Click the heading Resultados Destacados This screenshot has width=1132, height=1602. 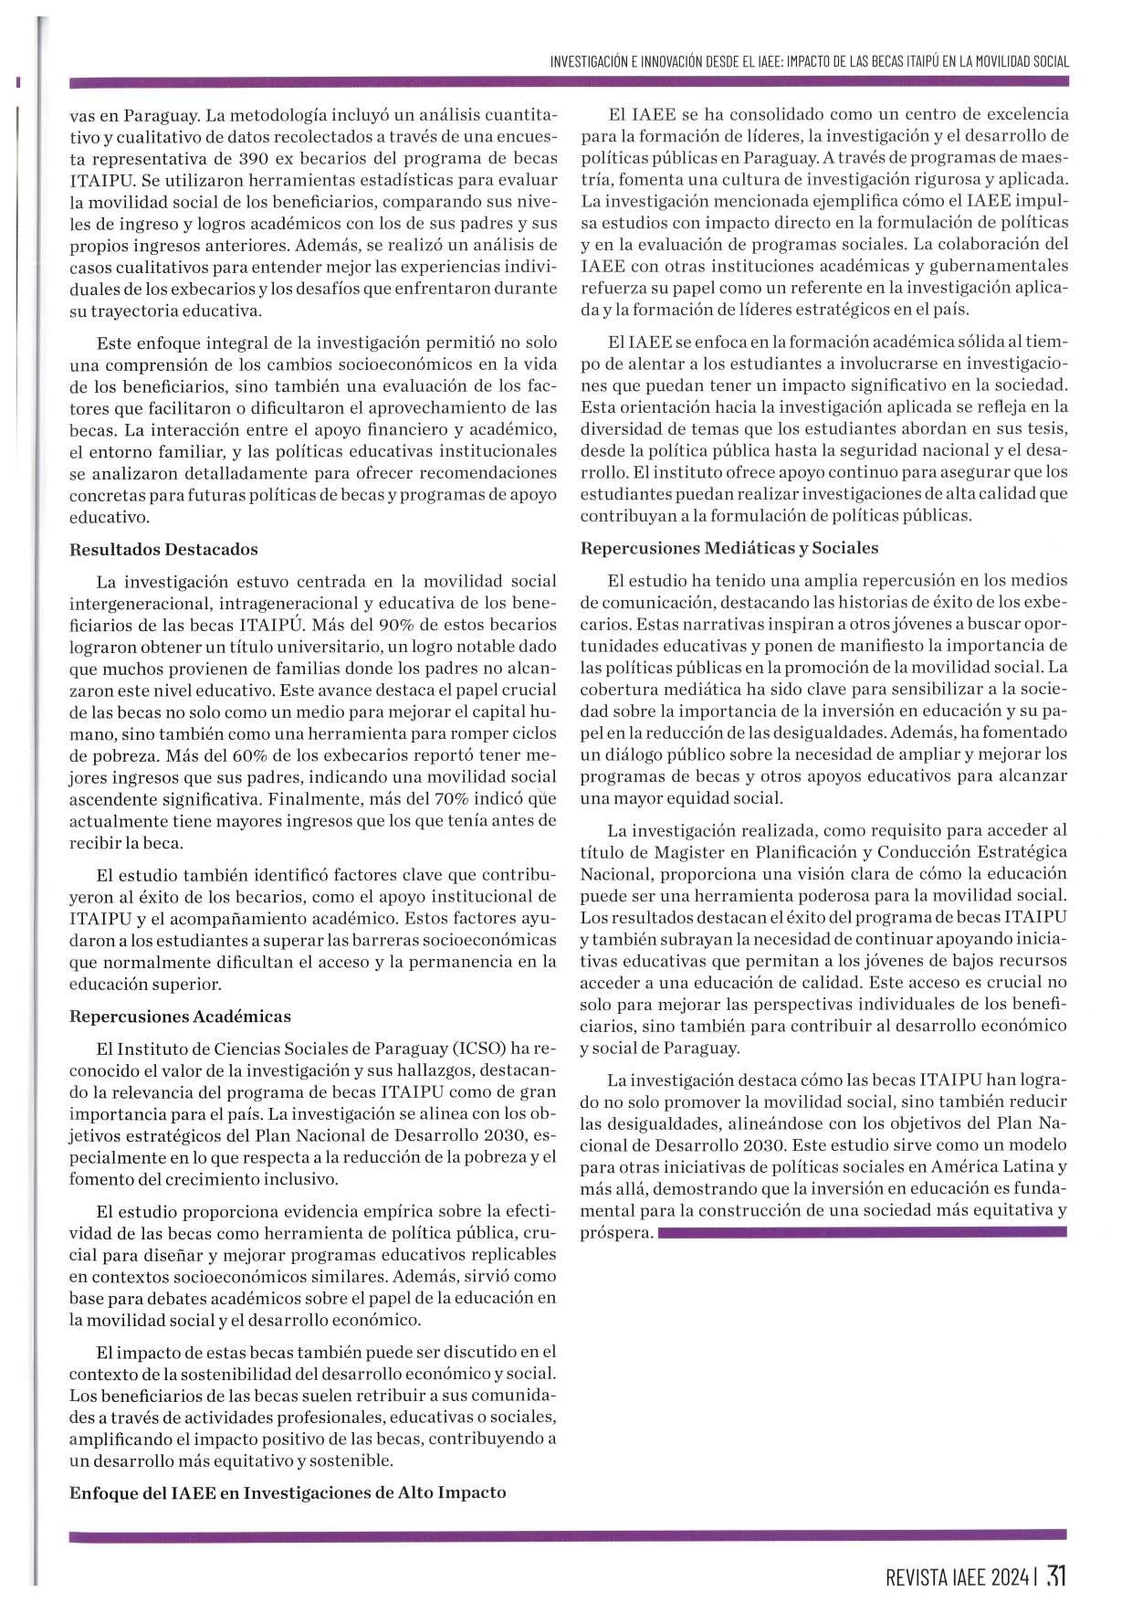pyautogui.click(x=163, y=550)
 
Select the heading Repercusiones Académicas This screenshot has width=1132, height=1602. pyautogui.click(x=180, y=1017)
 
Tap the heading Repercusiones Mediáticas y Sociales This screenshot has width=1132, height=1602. pyautogui.click(x=728, y=548)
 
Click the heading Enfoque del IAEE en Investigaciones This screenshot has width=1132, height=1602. pyautogui.click(x=288, y=1492)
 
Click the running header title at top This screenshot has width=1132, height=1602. pyautogui.click(x=809, y=61)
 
